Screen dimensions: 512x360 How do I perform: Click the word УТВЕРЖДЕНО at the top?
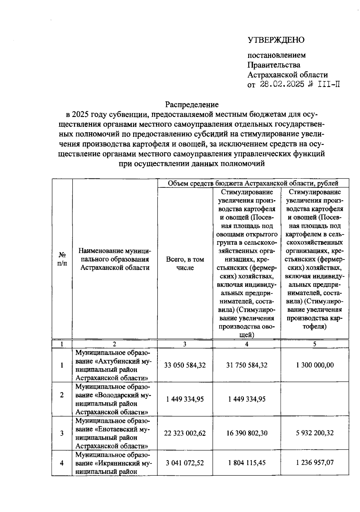tap(276, 40)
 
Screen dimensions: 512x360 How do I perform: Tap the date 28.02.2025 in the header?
tap(282, 84)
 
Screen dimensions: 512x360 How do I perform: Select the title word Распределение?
tap(192, 104)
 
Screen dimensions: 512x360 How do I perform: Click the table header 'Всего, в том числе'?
tap(185, 263)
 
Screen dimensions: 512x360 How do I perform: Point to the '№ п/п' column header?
tap(62, 259)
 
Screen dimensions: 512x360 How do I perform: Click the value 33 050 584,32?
tap(185, 365)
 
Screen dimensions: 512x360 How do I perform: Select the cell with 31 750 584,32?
tap(247, 365)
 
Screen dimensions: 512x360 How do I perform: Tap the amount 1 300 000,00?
tap(315, 365)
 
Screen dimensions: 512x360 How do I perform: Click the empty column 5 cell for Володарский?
tap(315, 399)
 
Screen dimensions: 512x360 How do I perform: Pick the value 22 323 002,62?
tap(185, 433)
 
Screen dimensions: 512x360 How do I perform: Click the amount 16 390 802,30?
tap(247, 433)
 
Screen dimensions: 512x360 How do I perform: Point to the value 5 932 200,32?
tap(315, 433)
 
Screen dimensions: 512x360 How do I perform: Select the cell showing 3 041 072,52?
tap(185, 463)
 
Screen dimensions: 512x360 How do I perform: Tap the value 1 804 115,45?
tap(247, 463)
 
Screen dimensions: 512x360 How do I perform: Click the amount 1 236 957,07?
tap(315, 463)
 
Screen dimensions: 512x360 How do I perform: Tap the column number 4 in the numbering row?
tap(247, 344)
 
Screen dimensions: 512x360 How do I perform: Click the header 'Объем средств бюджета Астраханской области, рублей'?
tap(253, 183)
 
